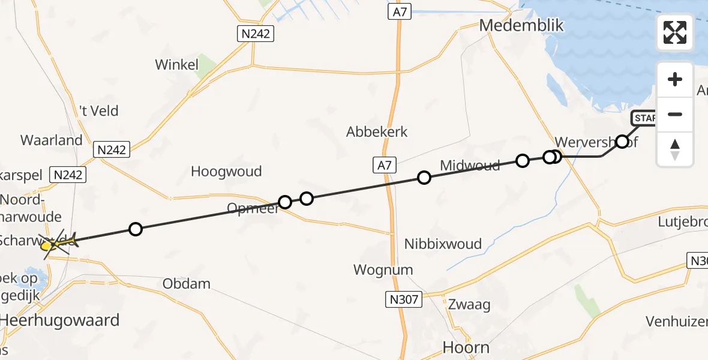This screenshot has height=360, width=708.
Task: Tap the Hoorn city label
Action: click(x=466, y=347)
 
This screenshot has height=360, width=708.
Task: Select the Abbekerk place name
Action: click(x=377, y=132)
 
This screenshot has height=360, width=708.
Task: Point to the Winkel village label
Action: click(x=176, y=65)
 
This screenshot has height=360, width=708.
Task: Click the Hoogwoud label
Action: click(x=226, y=172)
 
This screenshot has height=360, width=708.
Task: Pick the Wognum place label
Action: click(x=383, y=269)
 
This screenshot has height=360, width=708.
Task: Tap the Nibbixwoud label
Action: click(x=443, y=244)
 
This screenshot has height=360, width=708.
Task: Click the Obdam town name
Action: click(x=187, y=283)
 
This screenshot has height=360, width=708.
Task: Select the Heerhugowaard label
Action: click(x=60, y=320)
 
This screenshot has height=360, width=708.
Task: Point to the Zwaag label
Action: click(x=469, y=304)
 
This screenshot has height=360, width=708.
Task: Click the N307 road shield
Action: click(x=404, y=299)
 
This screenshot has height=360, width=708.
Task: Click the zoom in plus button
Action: click(x=675, y=79)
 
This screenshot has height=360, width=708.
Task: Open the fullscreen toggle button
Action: click(x=675, y=32)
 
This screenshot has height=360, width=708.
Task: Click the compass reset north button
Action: click(x=675, y=149)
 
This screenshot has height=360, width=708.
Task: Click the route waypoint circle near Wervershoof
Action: click(x=622, y=142)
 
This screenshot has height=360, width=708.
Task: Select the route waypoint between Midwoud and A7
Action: click(x=424, y=177)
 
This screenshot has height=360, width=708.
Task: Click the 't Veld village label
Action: click(x=99, y=111)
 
